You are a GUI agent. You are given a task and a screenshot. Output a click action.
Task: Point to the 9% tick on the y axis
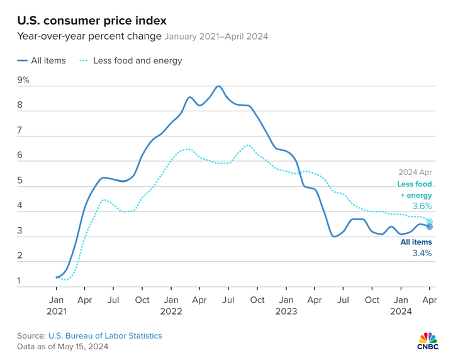23,80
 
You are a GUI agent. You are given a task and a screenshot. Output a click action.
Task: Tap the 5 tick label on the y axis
20,181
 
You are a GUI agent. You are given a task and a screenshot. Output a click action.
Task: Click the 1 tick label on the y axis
20,281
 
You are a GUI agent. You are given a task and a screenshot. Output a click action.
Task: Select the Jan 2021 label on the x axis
56,305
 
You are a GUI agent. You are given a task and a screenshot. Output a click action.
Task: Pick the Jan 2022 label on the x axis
171,305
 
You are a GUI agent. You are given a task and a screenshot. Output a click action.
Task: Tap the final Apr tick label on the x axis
429,300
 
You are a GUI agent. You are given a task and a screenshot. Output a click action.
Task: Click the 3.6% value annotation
422,206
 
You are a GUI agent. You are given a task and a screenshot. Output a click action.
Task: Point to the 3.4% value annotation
422,253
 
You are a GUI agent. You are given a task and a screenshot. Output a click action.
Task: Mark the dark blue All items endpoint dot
429,227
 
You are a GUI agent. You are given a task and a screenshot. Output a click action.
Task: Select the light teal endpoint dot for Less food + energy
429,222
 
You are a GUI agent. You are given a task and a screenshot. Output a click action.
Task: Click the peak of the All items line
218,86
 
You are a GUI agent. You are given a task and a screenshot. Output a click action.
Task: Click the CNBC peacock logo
428,338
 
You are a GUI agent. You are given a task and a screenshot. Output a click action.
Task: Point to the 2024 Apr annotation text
415,171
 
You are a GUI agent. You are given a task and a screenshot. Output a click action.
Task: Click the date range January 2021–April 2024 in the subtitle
216,37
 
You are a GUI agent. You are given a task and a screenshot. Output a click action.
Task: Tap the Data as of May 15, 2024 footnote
62,346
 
